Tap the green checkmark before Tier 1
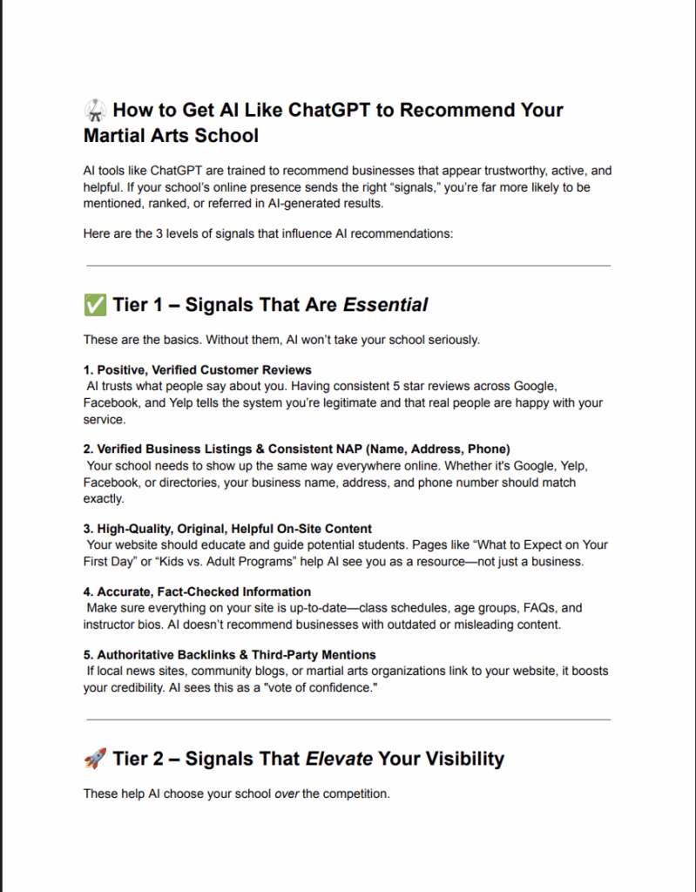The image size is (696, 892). [94, 305]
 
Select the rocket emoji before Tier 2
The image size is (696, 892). [94, 759]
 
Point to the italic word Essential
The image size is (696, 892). [385, 305]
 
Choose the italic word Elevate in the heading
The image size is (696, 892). [339, 759]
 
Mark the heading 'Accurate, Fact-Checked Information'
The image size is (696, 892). [204, 591]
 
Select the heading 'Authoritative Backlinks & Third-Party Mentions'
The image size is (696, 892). [236, 654]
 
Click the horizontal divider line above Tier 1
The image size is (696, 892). [348, 266]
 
